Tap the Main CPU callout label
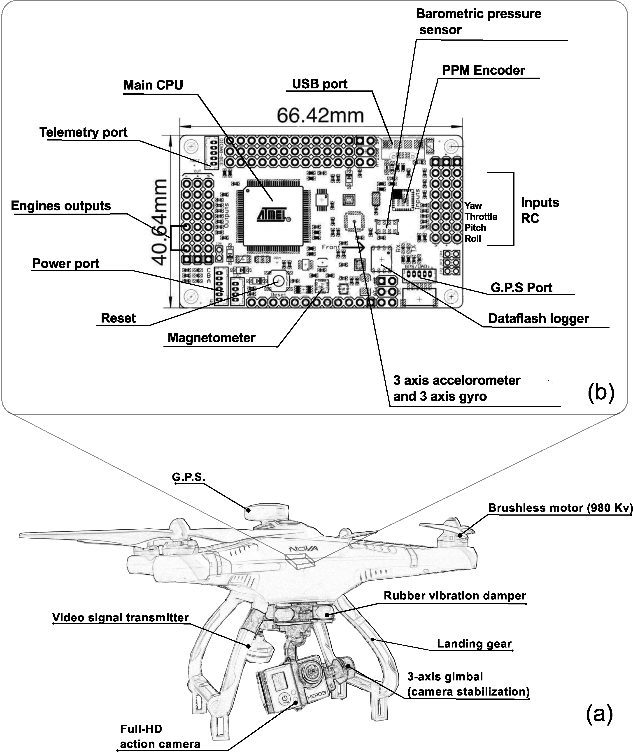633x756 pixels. (x=153, y=85)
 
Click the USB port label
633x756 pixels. (x=320, y=84)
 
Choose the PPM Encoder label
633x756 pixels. (x=483, y=70)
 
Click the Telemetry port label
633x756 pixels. (x=83, y=132)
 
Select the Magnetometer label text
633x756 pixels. (x=212, y=338)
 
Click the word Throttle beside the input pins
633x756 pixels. (x=481, y=217)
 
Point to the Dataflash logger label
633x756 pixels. (x=538, y=319)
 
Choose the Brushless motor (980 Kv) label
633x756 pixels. (x=560, y=508)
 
